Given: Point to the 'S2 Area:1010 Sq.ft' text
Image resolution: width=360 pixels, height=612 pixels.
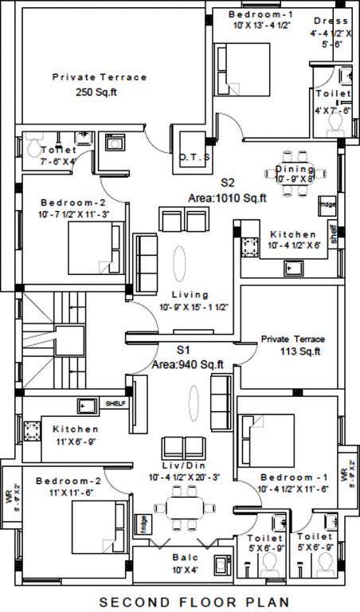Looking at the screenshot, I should (227, 190).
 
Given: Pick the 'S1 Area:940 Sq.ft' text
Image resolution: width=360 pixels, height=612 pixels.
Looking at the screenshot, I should (188, 358).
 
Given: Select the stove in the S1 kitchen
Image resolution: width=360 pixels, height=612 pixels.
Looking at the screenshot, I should (31, 431).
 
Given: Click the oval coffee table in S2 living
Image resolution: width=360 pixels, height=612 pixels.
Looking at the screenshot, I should (182, 261).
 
